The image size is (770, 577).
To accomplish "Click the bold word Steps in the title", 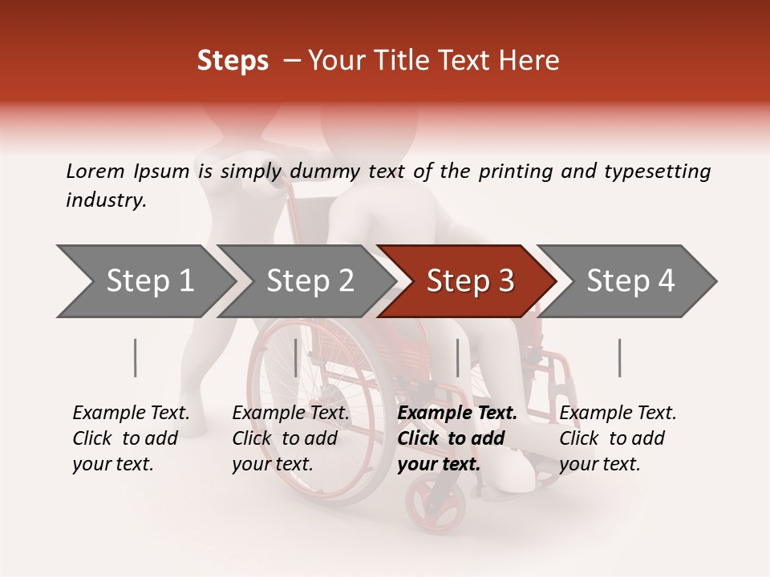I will click(233, 60).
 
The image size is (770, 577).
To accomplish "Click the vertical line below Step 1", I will click(136, 357).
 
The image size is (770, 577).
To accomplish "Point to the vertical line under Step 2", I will click(296, 357).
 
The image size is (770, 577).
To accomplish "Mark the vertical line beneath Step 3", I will click(457, 357).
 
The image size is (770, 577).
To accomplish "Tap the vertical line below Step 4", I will click(619, 357).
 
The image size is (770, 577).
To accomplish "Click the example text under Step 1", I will click(131, 438).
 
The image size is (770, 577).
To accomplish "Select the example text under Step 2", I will click(290, 438).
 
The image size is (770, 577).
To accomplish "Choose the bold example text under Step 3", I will click(457, 438).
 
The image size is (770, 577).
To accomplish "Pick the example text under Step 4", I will click(618, 438).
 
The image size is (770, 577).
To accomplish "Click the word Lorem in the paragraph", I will click(95, 171).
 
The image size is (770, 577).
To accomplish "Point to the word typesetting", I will click(657, 171).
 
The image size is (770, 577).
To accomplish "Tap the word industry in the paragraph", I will click(106, 200).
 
